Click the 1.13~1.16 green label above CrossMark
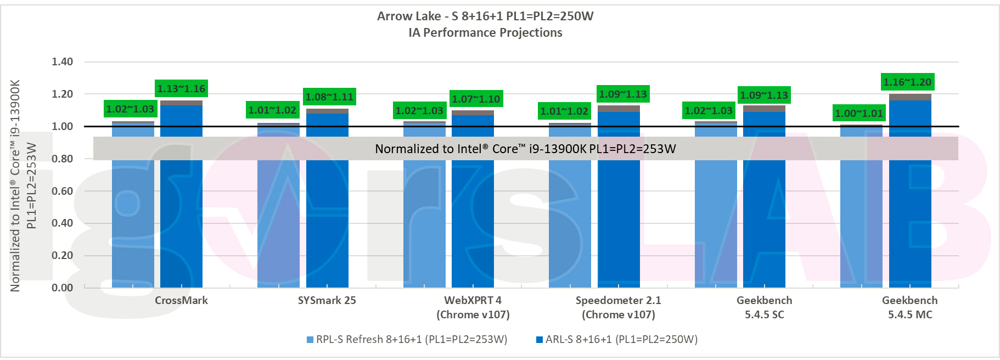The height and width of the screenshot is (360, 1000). (181, 88)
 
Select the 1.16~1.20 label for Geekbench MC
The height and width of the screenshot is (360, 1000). (907, 82)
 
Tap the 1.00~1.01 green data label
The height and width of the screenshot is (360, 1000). (859, 113)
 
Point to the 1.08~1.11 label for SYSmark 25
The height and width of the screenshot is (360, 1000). (329, 97)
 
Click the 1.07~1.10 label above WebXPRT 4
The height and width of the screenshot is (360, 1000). (476, 99)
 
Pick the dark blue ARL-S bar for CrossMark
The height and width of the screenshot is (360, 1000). (181, 220)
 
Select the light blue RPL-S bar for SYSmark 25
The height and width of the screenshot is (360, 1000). (278, 220)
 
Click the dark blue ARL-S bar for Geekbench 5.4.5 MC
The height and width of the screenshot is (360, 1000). (910, 220)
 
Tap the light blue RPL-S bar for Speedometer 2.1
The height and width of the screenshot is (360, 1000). (570, 220)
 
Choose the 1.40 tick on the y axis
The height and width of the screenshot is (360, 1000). (62, 61)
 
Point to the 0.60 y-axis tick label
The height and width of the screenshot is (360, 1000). (62, 191)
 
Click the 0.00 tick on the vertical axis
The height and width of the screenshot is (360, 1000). (62, 288)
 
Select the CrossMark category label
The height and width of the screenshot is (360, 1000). (181, 300)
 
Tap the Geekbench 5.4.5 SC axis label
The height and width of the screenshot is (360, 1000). (764, 307)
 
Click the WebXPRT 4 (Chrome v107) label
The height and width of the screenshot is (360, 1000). (473, 307)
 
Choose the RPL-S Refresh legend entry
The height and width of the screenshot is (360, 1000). (407, 339)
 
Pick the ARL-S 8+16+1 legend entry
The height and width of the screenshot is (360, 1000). (617, 339)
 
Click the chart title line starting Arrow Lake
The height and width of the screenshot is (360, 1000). (485, 16)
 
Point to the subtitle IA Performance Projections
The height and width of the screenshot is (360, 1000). (485, 32)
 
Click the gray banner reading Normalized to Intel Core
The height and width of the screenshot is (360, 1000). (525, 149)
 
